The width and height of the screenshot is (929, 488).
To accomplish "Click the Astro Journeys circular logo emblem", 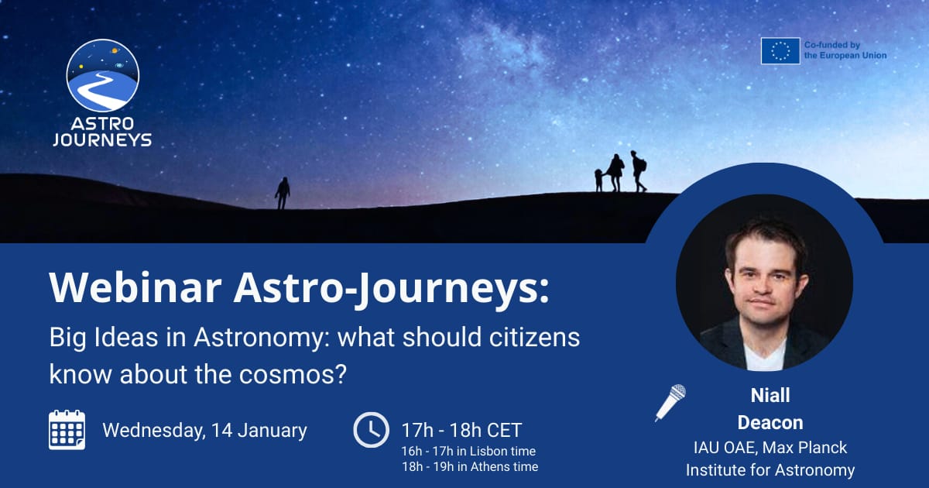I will click(103, 75).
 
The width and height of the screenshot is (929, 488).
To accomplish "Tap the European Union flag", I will click(780, 51).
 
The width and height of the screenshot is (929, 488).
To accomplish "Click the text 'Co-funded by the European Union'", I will click(845, 51).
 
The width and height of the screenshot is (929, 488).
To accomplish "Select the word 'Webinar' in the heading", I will click(135, 288).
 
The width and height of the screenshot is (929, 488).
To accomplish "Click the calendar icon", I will click(67, 430).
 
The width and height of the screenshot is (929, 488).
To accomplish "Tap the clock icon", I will click(371, 430).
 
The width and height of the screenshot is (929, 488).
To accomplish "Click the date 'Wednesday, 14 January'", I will click(204, 430).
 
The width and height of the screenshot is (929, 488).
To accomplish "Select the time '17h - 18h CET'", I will click(461, 430).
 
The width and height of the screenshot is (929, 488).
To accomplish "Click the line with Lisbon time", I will click(468, 451).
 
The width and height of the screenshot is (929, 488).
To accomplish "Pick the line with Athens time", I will click(469, 466).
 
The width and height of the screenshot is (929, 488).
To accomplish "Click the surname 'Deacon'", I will click(770, 422).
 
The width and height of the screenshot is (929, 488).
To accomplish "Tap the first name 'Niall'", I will click(770, 396).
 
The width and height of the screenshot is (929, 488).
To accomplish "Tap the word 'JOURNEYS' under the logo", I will click(102, 140).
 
